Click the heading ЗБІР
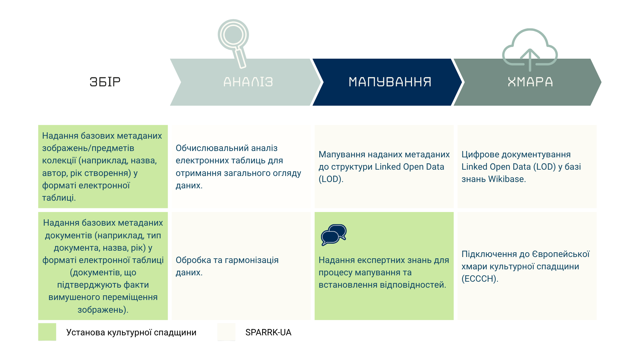[105, 82]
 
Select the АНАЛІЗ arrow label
[248, 82]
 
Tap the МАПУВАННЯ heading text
[390, 82]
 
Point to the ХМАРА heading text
[530, 82]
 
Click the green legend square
[47, 332]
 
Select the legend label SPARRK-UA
[268, 332]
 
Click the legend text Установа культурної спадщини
[131, 332]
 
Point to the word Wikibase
[507, 179]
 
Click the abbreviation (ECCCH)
[480, 279]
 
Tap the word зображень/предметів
[88, 148]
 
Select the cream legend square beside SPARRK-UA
[226, 332]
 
